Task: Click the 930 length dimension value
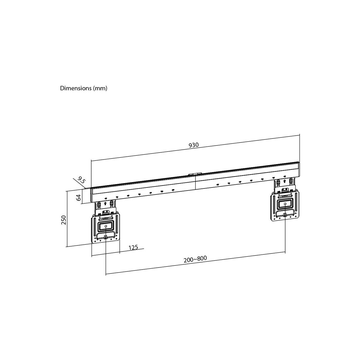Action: pos(193,145)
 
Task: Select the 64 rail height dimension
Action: pos(79,197)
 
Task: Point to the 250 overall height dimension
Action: pos(64,220)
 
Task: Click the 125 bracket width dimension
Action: pos(133,247)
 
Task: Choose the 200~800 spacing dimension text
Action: pos(195,259)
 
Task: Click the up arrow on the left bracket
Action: pos(105,203)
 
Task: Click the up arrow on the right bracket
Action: pos(284,181)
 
